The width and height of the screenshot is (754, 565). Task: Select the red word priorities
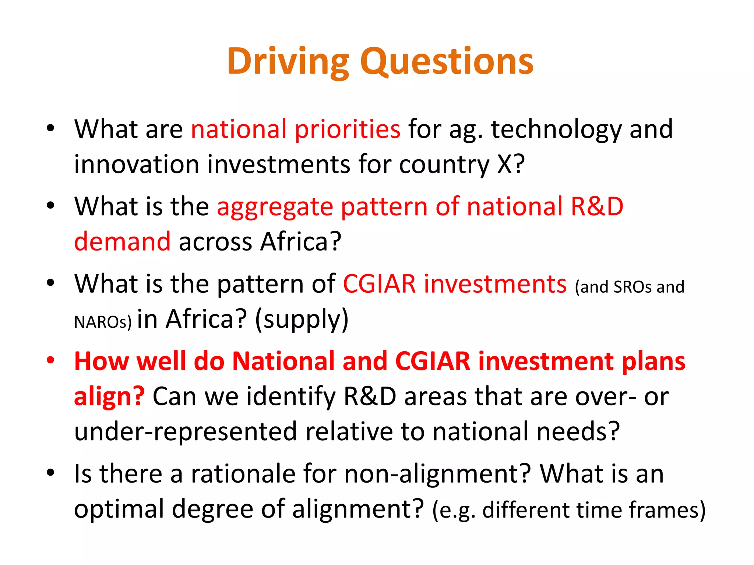tap(347, 129)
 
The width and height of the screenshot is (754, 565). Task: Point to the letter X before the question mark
tap(504, 164)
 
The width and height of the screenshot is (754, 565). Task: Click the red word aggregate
tap(275, 207)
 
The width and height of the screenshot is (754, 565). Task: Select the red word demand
tap(122, 242)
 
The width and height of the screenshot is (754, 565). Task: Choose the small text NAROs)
tap(103, 322)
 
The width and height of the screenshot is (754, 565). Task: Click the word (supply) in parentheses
tap(302, 319)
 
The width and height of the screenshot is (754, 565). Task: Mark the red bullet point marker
tap(50, 360)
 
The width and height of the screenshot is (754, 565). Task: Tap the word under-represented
tap(185, 432)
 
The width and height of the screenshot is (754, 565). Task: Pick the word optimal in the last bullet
tap(119, 509)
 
